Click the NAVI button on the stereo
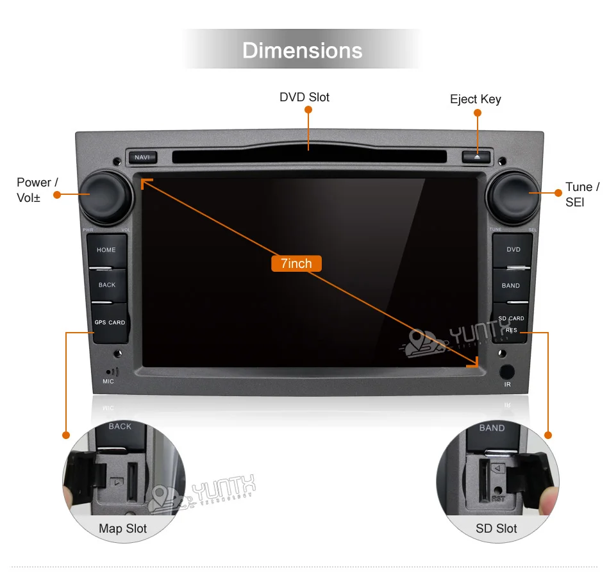142,157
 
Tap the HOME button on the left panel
106,249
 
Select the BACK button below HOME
107,285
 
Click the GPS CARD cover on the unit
110,322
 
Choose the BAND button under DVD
511,285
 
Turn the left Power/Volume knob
105,195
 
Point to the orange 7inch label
296,263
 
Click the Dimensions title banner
303,51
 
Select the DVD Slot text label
304,97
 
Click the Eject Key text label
476,99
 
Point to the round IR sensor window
507,371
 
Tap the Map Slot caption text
122,529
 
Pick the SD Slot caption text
496,529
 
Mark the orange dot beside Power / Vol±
56,194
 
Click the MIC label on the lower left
108,381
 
